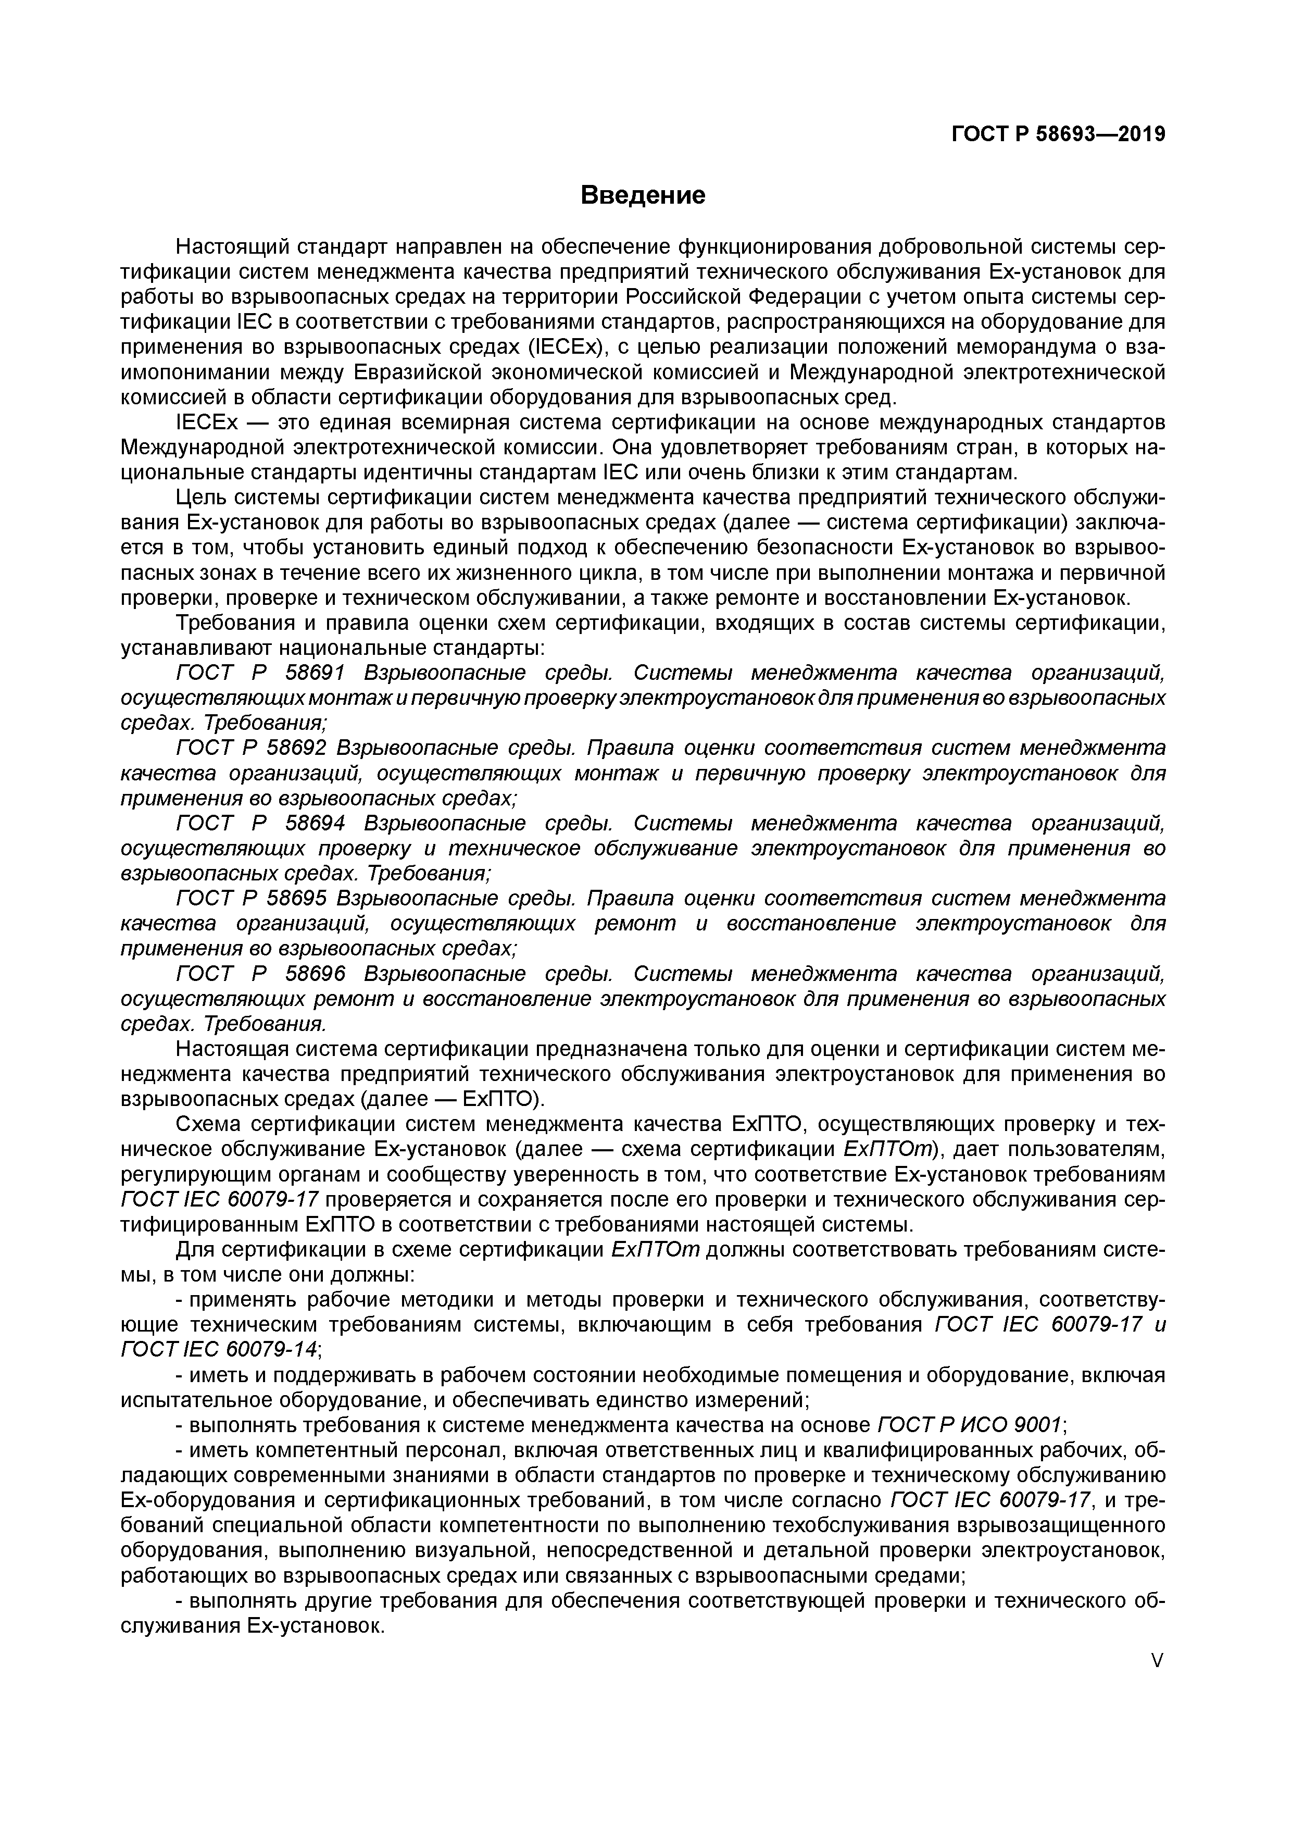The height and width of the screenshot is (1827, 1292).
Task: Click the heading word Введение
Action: pyautogui.click(x=643, y=195)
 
